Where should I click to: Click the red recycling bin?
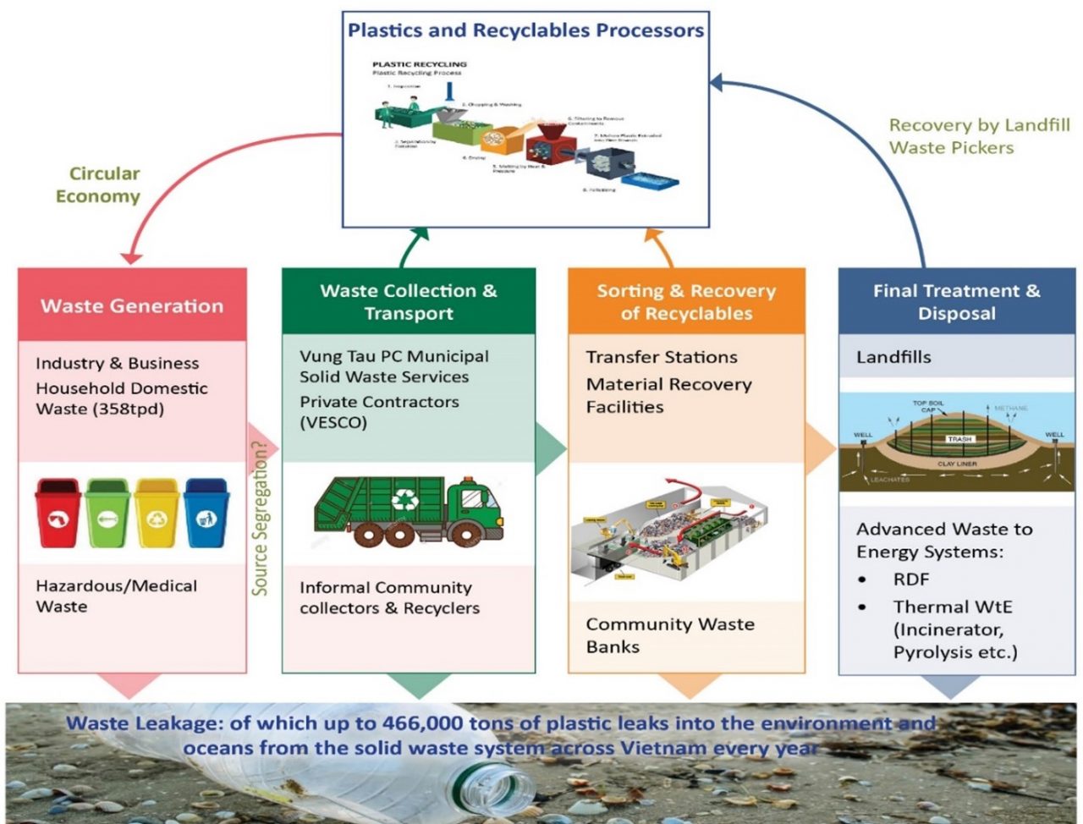58,513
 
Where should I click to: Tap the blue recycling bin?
206,513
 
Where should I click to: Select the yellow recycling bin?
157,513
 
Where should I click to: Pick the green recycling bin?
107,513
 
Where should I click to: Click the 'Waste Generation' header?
132,306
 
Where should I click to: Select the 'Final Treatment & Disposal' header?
956,302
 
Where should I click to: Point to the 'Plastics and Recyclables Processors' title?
525,30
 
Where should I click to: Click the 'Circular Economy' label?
97,184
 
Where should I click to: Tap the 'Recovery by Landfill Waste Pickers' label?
979,136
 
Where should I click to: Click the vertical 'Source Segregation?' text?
261,516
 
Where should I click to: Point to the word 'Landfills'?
893,357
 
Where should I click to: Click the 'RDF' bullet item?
910,580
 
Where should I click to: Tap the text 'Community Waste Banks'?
669,635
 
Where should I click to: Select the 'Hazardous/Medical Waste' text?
116,596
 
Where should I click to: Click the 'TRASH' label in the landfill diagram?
959,439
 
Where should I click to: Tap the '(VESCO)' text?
333,422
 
